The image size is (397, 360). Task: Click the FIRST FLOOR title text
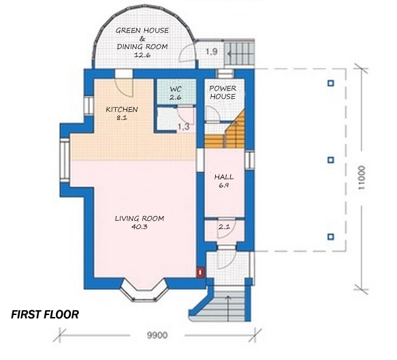tap(45, 315)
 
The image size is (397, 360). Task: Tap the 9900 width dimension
tap(157, 335)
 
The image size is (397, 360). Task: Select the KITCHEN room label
tap(122, 109)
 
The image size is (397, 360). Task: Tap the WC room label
tap(175, 89)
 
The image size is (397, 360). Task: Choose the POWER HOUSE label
tap(222, 92)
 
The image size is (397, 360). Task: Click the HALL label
tap(224, 176)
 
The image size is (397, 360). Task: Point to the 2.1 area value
tap(224, 226)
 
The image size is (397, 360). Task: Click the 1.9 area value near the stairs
tap(212, 51)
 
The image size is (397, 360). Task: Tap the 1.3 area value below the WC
tap(183, 126)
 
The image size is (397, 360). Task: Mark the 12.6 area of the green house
tap(142, 55)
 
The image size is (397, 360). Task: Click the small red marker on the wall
tap(201, 272)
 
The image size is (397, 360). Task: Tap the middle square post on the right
tap(331, 160)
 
